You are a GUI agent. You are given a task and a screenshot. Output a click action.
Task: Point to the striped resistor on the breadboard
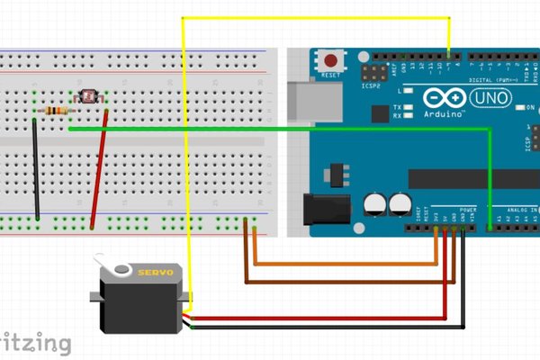pos(56,110)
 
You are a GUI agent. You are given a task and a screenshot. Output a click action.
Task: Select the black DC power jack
pos(327,209)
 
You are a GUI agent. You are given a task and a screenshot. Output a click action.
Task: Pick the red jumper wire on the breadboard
pos(100,166)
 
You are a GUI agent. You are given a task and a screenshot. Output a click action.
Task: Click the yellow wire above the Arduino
pos(315,17)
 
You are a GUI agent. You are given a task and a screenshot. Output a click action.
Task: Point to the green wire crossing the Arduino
pos(270,129)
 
